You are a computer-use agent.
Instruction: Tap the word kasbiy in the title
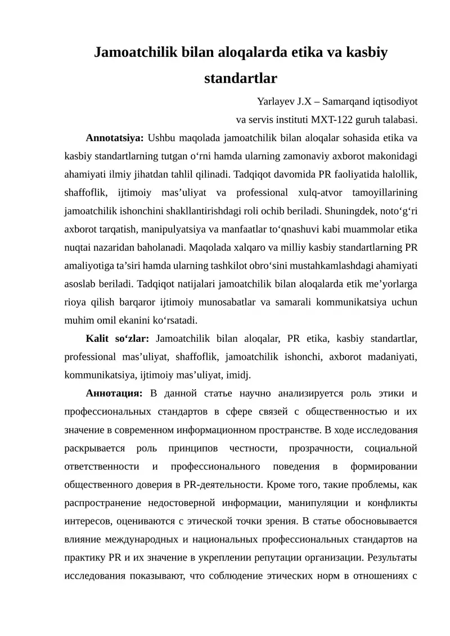point(360,53)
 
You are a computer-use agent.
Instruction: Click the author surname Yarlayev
point(276,102)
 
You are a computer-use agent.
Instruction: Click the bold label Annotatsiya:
point(115,137)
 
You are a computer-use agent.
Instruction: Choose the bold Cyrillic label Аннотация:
point(114,392)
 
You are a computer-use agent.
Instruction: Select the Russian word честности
point(255,448)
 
